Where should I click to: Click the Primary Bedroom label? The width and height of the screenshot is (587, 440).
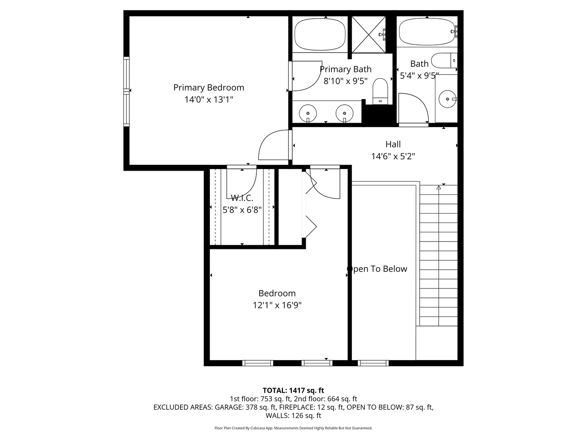(208, 87)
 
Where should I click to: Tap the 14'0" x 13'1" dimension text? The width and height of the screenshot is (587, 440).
(208, 99)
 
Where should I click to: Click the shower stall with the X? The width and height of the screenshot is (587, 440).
(368, 35)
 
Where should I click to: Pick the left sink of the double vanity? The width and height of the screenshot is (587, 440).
(308, 112)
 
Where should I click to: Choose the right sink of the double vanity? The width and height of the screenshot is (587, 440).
(345, 112)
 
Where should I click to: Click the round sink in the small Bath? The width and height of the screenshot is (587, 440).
(448, 99)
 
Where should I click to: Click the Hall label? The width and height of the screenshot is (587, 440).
(393, 144)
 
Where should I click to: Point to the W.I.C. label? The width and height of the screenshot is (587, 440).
(242, 198)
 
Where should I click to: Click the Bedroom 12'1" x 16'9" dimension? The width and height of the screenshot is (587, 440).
(277, 305)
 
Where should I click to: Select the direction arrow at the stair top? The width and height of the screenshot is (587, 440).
(439, 187)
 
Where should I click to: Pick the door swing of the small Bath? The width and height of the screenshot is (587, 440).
(412, 108)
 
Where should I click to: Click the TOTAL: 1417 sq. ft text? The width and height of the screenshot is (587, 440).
(293, 390)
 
